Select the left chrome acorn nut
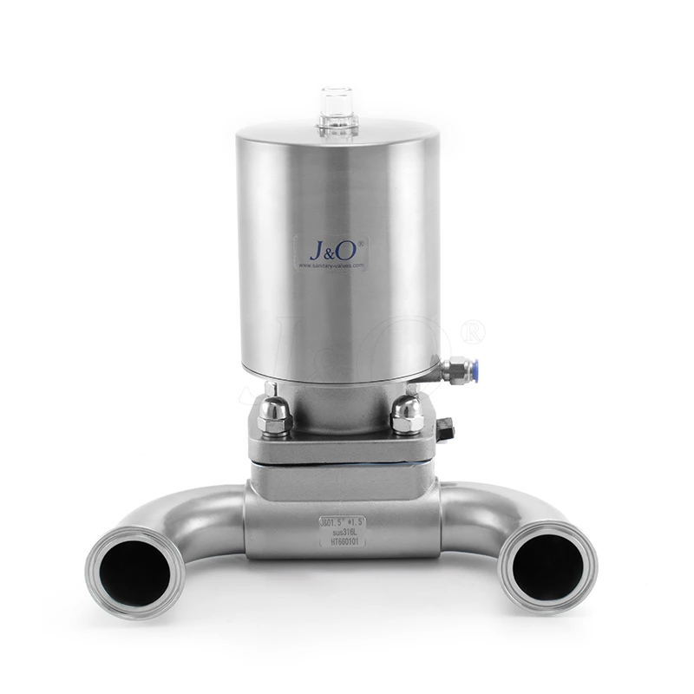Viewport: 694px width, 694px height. tap(274, 415)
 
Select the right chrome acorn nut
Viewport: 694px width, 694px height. tap(407, 415)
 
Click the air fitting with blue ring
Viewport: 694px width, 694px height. tap(457, 370)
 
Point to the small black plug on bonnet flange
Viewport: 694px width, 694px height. tap(446, 429)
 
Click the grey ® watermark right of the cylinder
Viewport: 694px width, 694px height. tap(473, 331)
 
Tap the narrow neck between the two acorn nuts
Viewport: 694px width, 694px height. tap(340, 412)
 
